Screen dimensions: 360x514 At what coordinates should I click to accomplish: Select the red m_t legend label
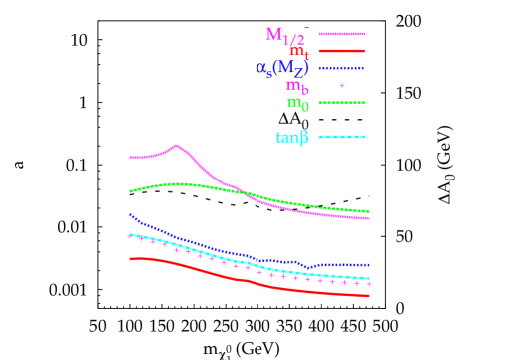point(298,51)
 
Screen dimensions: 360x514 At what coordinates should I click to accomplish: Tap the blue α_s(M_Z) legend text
point(282,68)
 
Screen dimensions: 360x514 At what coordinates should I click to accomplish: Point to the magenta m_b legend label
point(297,86)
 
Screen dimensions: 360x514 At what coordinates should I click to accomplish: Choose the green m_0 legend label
point(297,102)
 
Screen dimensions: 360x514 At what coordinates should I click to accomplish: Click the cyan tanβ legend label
point(292,137)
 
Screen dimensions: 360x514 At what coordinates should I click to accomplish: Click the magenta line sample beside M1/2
point(341,34)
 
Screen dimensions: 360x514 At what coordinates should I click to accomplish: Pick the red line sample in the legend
point(341,51)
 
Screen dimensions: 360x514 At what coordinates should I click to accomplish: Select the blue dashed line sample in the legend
point(341,68)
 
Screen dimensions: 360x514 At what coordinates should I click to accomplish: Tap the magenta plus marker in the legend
point(342,86)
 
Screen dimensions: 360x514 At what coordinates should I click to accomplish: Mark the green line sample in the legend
point(341,102)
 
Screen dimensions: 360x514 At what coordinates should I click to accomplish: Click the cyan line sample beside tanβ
point(341,137)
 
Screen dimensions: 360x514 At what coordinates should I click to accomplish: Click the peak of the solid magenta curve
point(177,146)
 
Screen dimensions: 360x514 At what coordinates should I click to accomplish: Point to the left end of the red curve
point(130,259)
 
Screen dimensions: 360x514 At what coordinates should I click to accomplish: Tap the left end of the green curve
point(130,190)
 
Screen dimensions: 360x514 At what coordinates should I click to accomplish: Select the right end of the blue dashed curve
point(369,264)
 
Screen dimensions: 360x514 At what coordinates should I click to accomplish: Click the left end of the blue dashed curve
point(130,214)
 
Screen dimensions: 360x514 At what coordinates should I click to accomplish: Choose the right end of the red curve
point(369,296)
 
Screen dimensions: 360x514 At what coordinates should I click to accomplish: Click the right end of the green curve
point(369,211)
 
